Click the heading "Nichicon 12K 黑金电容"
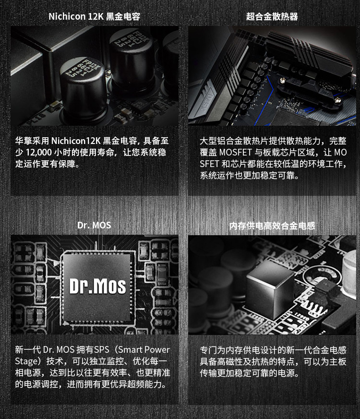[95, 17]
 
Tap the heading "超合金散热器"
[272, 17]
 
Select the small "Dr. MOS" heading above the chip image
[94, 225]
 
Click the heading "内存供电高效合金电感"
[272, 226]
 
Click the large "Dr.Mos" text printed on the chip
[97, 287]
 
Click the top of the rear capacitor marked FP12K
[131, 39]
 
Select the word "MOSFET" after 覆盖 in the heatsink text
[236, 152]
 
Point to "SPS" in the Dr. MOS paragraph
[102, 349]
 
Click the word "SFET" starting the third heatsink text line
[210, 164]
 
